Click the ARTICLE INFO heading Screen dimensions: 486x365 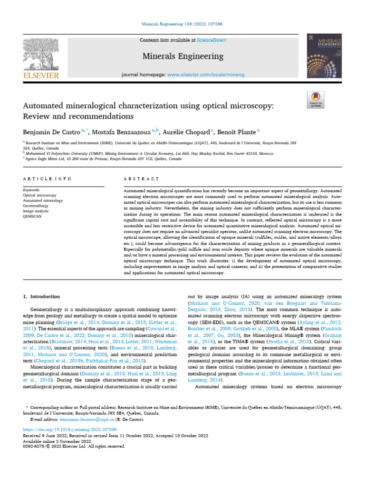tap(47, 178)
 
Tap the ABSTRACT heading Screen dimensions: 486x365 tap(141, 178)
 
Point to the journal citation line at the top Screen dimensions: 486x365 tap(182, 23)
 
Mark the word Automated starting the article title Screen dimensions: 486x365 tap(42, 104)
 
